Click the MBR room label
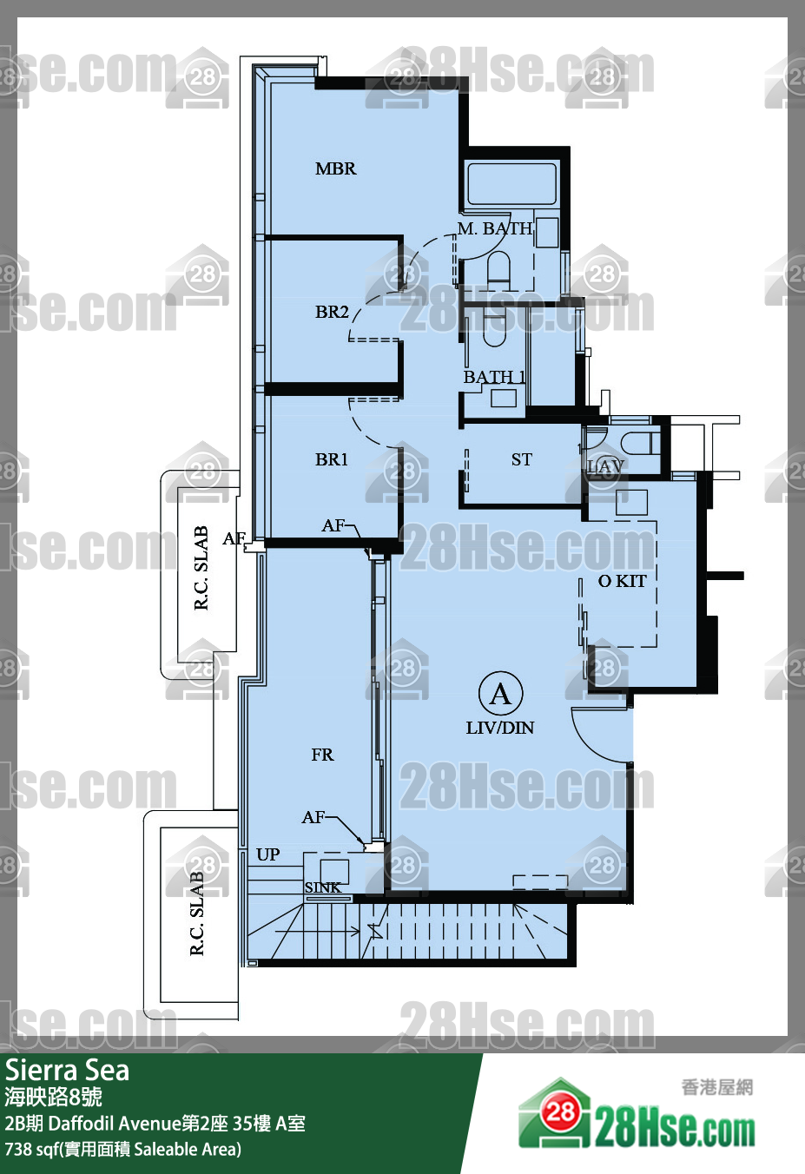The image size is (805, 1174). tap(335, 168)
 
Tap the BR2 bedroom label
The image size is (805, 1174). tap(332, 312)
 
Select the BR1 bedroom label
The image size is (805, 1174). tap(331, 459)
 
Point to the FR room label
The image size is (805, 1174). tap(322, 755)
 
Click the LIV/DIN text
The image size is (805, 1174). tap(500, 728)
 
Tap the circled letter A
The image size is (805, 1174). tap(500, 694)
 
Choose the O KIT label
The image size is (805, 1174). tap(622, 581)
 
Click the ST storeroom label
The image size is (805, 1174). tap(521, 459)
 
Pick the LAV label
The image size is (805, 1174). tap(605, 466)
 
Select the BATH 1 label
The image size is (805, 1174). tap(494, 377)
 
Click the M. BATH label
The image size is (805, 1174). tap(495, 228)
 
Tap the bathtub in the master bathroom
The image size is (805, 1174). tap(512, 184)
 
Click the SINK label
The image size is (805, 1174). tap(323, 887)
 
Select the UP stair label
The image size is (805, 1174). tap(267, 854)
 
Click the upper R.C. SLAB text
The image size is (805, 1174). tap(201, 568)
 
